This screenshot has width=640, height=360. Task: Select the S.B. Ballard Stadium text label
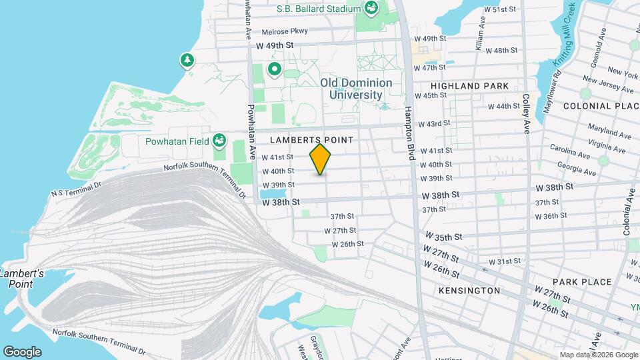tap(319, 9)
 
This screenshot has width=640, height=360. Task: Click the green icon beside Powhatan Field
tap(219, 141)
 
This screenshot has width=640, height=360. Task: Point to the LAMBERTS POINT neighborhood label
tap(311, 140)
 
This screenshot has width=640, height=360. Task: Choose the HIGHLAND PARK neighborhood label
tap(469, 87)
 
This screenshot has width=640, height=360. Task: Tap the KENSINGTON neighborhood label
tap(469, 291)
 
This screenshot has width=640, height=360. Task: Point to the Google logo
tap(22, 351)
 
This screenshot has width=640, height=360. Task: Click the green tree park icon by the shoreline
tap(188, 61)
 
